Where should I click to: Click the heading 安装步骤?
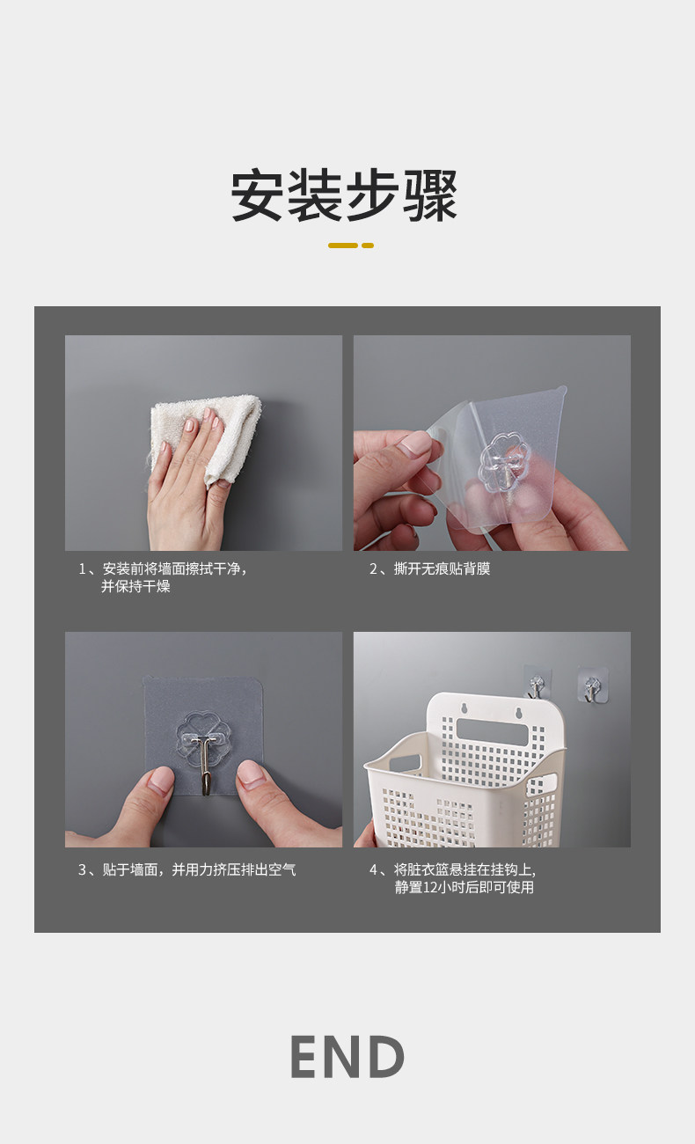344,195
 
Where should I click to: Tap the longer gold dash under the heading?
342,246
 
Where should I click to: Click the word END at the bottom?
347,1057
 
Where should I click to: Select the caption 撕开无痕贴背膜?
442,569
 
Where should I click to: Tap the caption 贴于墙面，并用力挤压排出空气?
199,869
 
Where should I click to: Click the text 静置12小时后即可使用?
465,888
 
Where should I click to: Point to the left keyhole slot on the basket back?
465,708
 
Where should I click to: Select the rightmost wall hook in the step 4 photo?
592,685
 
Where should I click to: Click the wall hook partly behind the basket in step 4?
536,682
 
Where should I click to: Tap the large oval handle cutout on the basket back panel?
492,733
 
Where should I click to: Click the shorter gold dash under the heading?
368,246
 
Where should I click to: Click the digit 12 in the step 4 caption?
430,888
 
